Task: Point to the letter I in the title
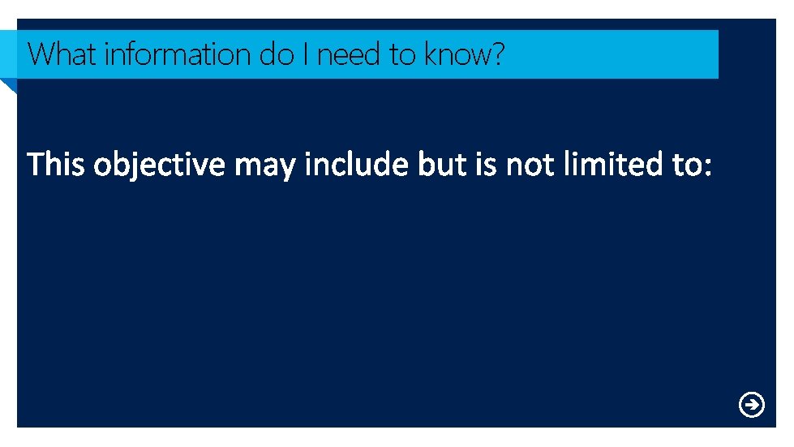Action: coord(306,54)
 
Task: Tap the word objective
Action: coord(159,165)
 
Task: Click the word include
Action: coord(357,165)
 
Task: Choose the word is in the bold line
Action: coord(486,165)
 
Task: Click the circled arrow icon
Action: coord(752,404)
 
